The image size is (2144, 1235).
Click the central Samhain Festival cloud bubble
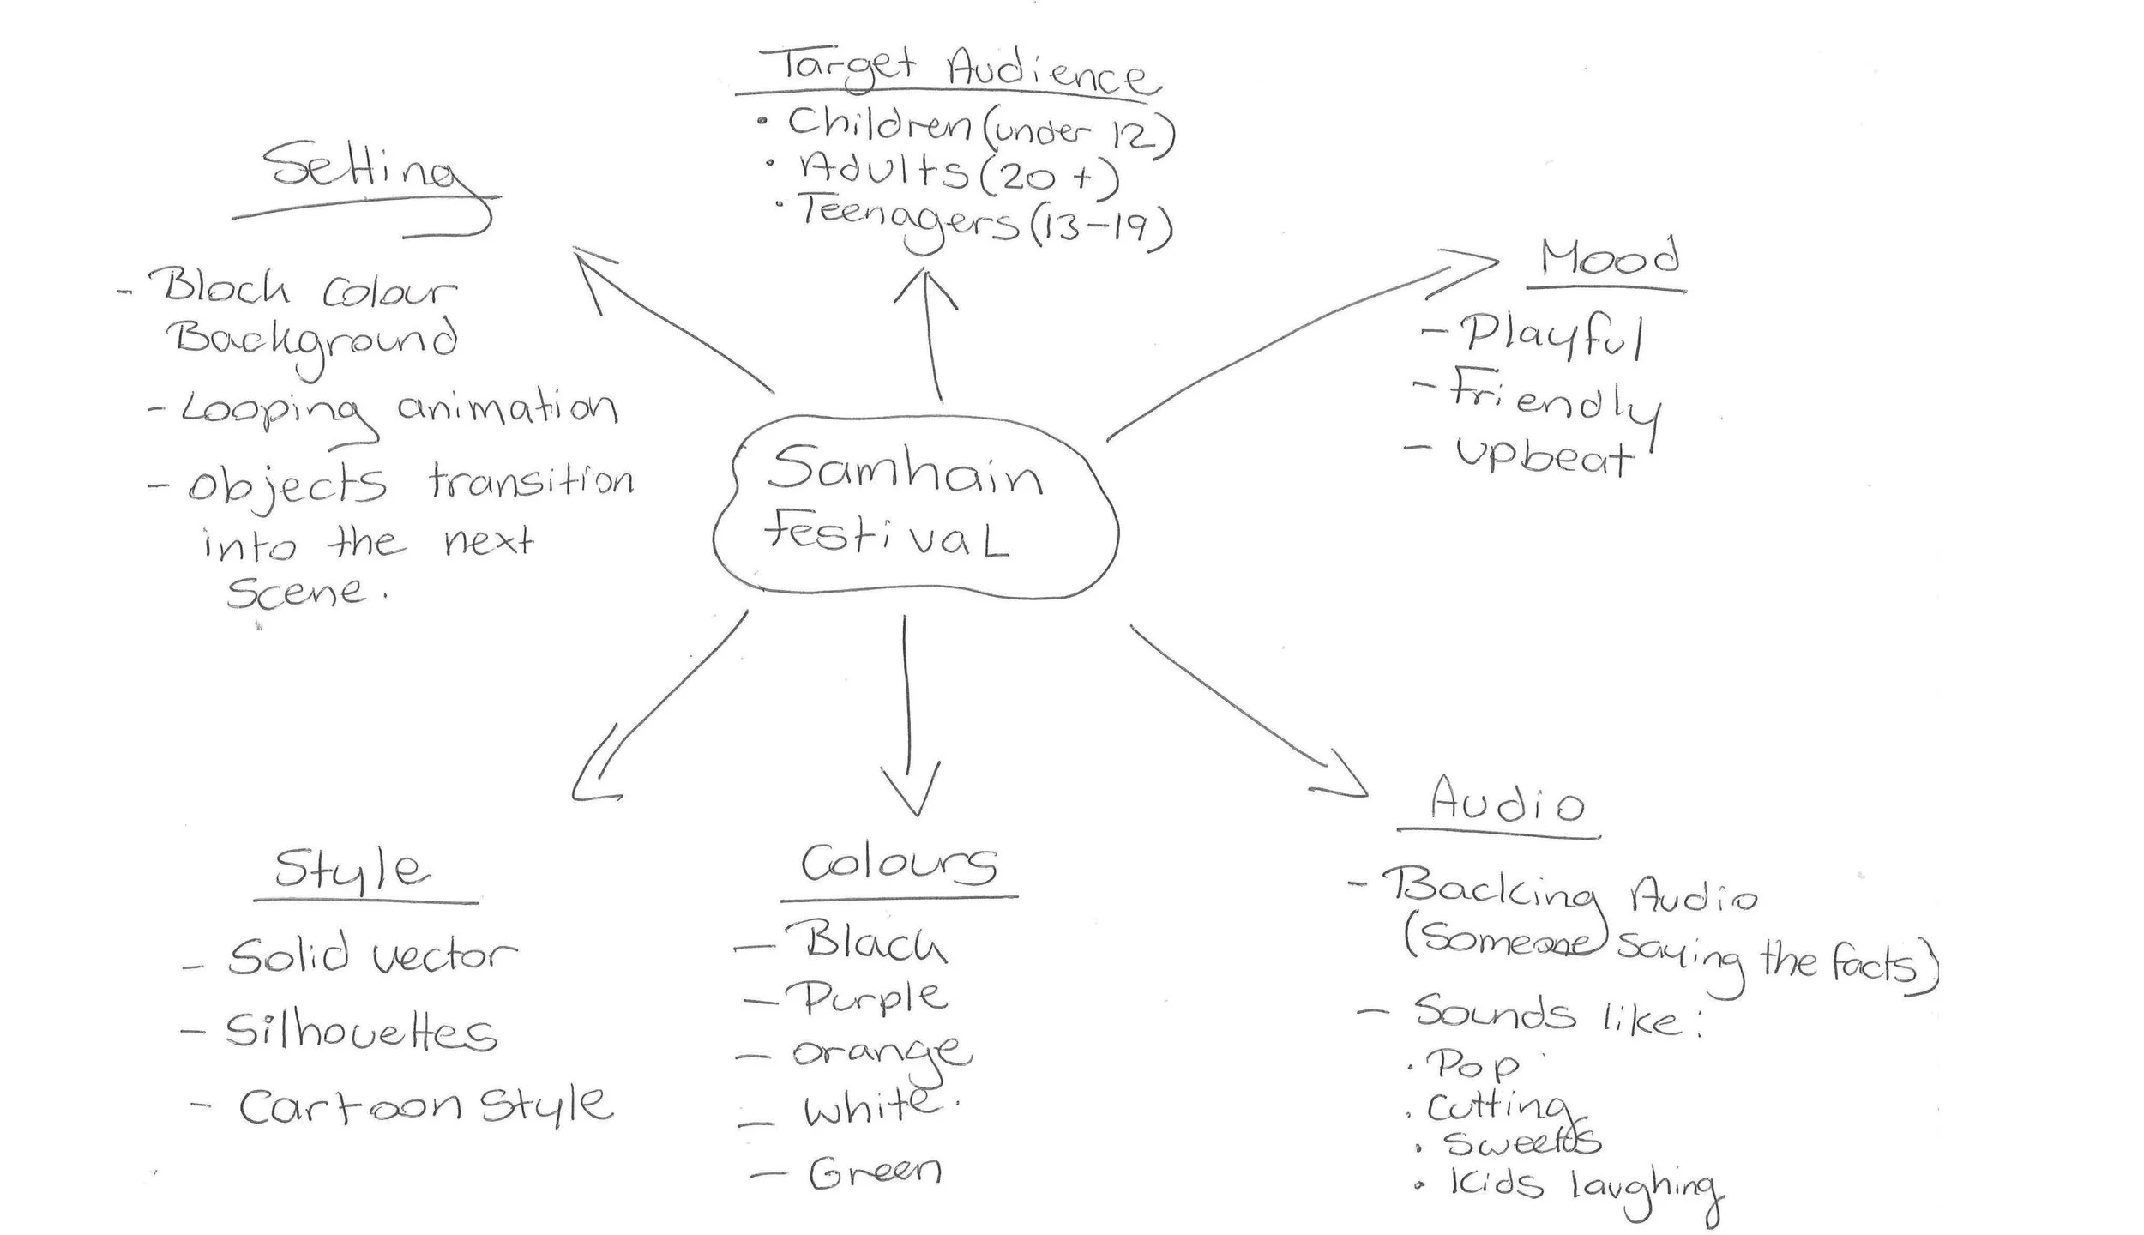pos(914,506)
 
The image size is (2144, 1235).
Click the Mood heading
pos(1608,257)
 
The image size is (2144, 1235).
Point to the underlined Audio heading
pos(1506,802)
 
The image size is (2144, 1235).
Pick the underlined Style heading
pos(352,871)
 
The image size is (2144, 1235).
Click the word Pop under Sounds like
pos(1471,1066)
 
